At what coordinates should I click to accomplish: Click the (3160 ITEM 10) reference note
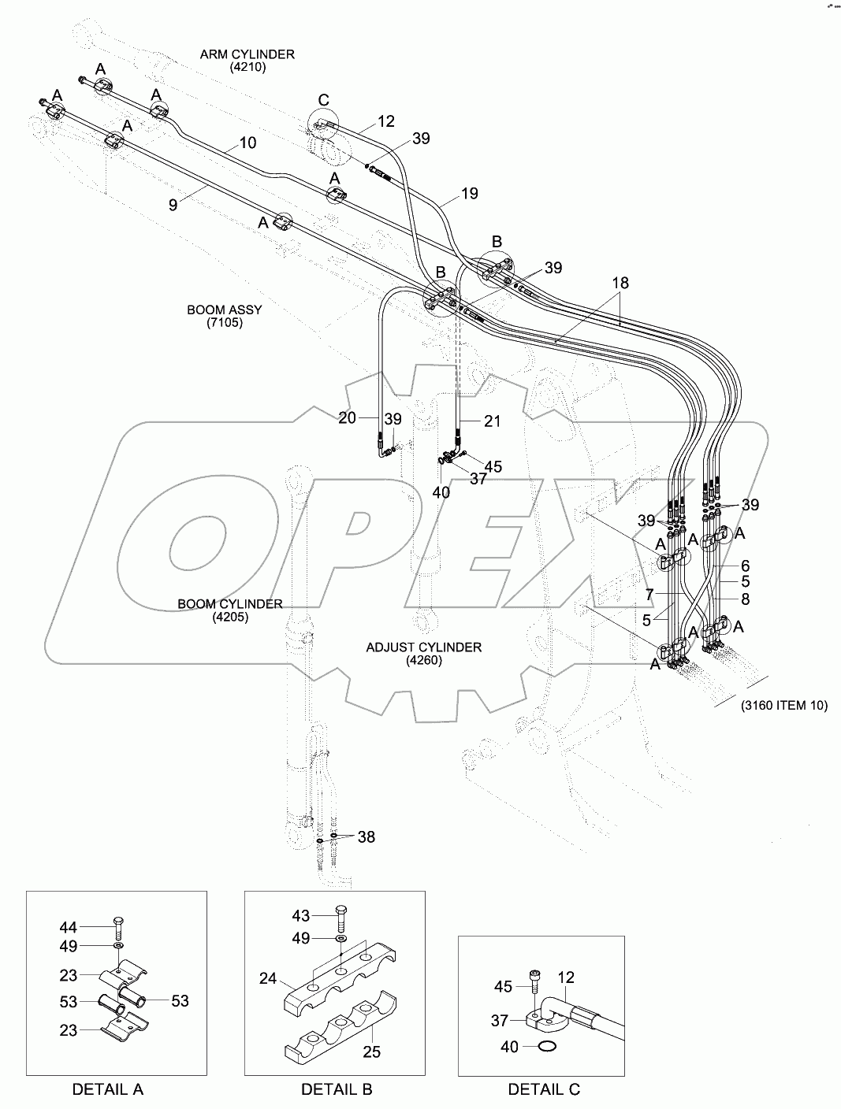pos(783,706)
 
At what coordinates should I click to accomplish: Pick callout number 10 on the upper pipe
pos(247,143)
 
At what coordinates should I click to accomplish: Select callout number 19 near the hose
pos(469,193)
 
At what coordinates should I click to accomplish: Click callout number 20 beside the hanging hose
pos(348,419)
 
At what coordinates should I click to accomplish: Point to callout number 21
pos(492,421)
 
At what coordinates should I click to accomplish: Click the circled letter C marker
pos(323,100)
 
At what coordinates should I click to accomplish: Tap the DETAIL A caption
pos(108,1089)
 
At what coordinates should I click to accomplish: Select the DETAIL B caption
pos(337,1089)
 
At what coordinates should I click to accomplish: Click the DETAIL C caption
pos(544,1089)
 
